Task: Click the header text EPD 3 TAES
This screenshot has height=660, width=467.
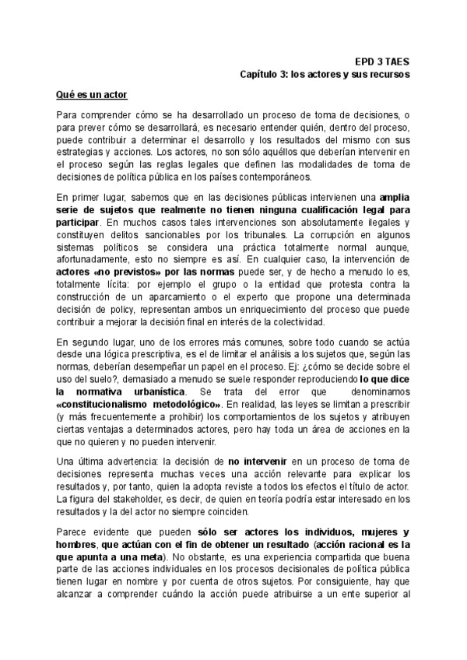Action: pyautogui.click(x=382, y=60)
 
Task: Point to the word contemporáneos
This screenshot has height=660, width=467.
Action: pyautogui.click(x=276, y=177)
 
